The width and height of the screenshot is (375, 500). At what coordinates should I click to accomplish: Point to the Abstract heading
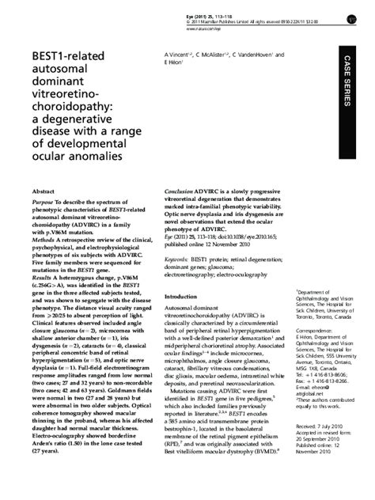(x=43, y=191)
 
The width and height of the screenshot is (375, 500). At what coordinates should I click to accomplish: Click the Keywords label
(x=181, y=259)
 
